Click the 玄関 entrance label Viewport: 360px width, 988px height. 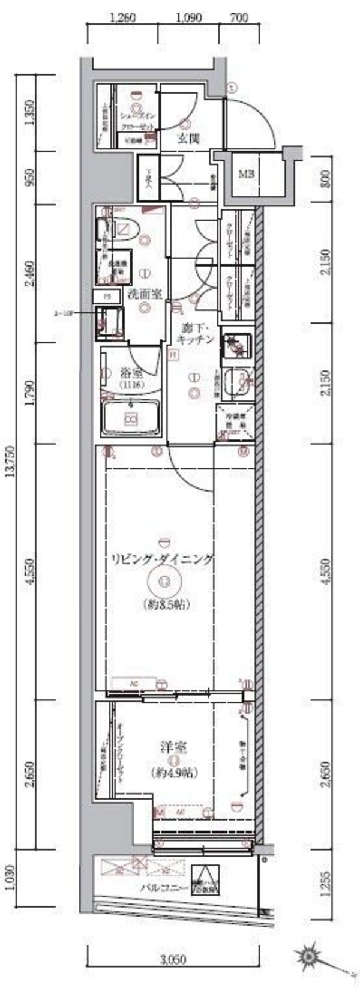188,139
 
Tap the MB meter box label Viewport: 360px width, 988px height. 247,175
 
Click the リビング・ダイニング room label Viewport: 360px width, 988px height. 161,559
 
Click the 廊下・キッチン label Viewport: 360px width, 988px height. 197,334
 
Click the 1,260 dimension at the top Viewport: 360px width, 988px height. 124,17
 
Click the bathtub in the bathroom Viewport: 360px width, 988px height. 130,420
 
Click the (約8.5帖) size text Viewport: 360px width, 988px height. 167,604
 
